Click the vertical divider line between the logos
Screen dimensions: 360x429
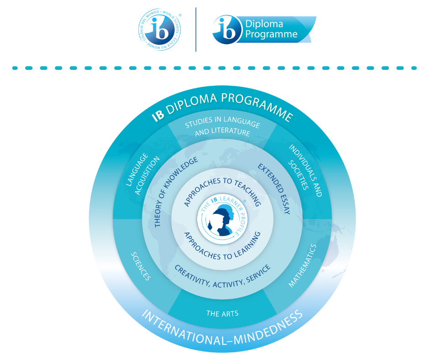(x=196, y=29)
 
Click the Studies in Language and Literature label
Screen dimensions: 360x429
(x=222, y=128)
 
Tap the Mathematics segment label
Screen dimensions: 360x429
(x=302, y=265)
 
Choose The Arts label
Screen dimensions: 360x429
(x=222, y=313)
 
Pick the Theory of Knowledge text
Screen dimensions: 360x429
(x=175, y=192)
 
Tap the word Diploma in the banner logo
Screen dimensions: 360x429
(x=264, y=24)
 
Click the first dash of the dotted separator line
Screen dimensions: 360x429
(x=15, y=68)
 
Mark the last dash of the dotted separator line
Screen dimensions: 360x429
(x=414, y=68)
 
